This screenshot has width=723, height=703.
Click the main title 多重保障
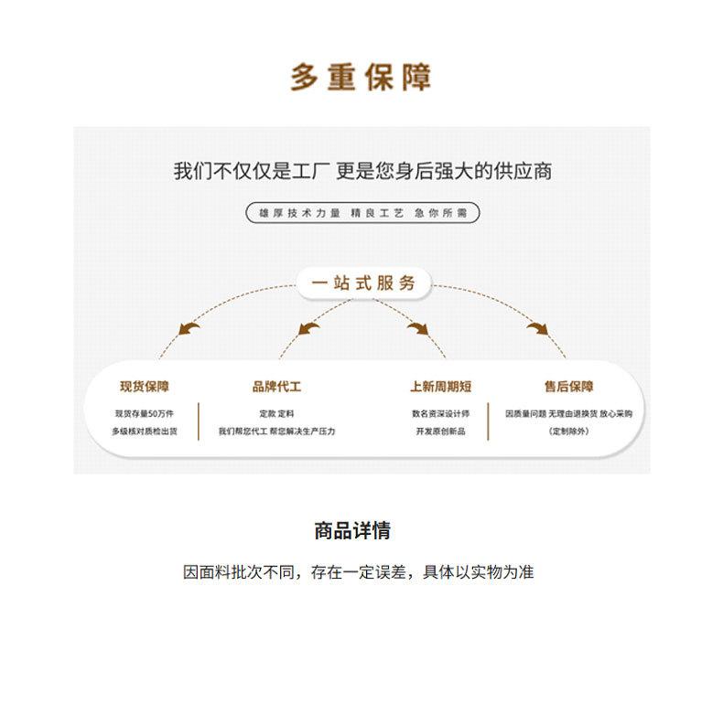point(361,78)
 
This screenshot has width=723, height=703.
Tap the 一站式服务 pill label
point(363,282)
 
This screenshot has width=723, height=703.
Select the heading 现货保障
point(145,387)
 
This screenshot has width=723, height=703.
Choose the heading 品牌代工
point(276,387)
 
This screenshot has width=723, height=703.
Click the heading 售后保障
point(568,387)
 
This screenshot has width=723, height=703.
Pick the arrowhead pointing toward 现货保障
point(189,327)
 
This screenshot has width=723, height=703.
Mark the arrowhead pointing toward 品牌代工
point(308,327)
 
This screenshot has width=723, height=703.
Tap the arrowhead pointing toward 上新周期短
point(418,327)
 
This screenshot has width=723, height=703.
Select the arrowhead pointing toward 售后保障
point(537,327)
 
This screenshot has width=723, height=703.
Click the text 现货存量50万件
point(144,413)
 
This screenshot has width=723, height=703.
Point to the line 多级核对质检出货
point(144,431)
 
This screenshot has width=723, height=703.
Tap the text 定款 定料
point(276,413)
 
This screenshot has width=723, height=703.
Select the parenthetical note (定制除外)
point(568,431)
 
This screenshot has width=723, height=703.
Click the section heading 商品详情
point(352,530)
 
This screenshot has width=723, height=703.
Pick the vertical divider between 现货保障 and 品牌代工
point(199,421)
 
